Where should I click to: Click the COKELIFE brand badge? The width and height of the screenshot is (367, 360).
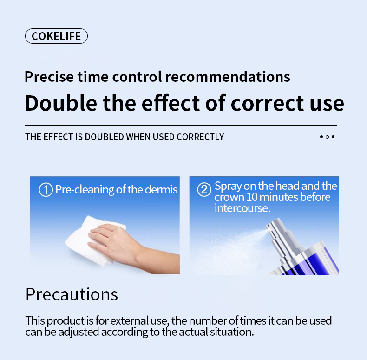[56, 36]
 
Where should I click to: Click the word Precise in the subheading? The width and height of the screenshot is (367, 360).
[45, 76]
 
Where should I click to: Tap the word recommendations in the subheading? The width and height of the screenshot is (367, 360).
[228, 76]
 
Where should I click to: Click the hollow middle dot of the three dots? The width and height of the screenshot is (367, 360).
[327, 137]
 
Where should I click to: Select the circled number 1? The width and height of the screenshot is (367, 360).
[45, 190]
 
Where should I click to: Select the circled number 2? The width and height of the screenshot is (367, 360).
[204, 190]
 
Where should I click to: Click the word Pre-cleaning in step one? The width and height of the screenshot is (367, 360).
[85, 190]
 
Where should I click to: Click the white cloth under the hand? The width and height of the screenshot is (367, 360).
[84, 242]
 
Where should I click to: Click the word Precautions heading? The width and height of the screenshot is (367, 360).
[72, 294]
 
